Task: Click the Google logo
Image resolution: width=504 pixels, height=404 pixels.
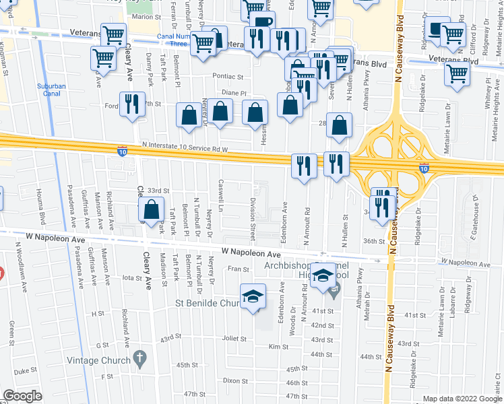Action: tap(23, 396)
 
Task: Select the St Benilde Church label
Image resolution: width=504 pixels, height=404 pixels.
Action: tap(208, 303)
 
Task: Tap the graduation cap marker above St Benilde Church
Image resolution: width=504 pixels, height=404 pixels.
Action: tap(253, 296)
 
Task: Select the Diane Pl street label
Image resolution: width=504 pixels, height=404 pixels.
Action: tap(235, 94)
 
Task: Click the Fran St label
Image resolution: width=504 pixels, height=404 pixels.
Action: tap(239, 269)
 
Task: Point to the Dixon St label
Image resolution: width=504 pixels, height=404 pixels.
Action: tap(236, 380)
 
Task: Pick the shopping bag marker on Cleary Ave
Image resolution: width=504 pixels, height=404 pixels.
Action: tap(152, 210)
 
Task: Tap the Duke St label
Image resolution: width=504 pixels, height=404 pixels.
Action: tap(26, 370)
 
